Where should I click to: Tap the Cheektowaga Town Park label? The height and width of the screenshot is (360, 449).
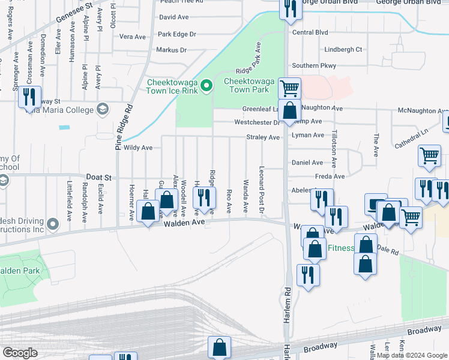point(246,85)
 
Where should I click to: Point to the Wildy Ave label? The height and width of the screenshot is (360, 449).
point(138,147)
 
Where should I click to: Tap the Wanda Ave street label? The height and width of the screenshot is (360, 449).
point(246,196)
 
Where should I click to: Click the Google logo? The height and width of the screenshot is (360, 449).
point(20,352)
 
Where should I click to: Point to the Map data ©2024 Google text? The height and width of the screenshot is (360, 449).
point(412,355)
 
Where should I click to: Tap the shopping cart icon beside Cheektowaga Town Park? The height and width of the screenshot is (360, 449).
point(289,88)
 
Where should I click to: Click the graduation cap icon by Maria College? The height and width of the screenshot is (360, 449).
point(103,109)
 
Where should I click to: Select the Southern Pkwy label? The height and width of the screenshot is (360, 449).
point(313,65)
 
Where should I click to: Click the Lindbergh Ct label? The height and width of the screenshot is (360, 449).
point(343,50)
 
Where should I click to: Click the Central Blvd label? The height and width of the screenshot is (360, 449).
point(310,32)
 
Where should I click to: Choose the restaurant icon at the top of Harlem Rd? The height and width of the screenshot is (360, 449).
point(289,8)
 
